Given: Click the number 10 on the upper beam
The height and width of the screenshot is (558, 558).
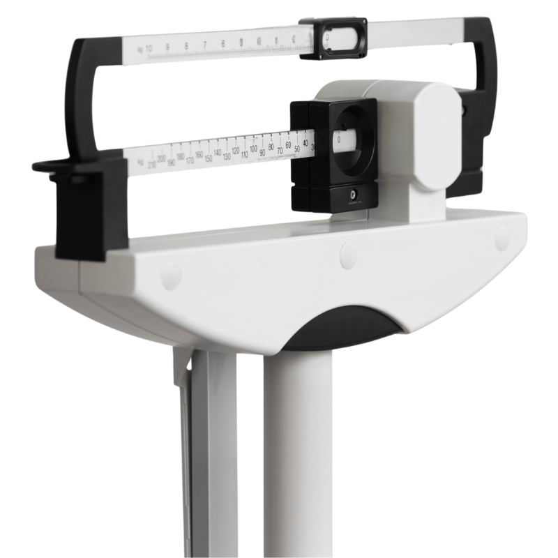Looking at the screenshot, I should click(149, 48).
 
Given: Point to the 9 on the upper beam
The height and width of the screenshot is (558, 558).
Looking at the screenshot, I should click(167, 47).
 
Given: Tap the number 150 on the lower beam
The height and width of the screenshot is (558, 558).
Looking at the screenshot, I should click(208, 158).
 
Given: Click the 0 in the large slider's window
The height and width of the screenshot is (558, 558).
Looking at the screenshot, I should click(339, 139).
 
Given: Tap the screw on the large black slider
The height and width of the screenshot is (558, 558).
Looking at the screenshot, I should click(352, 196).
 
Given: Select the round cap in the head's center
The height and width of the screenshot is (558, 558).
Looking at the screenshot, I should click(348, 255).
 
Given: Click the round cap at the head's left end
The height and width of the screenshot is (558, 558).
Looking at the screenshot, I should click(170, 276).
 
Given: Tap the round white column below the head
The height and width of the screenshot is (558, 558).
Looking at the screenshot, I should click(296, 453).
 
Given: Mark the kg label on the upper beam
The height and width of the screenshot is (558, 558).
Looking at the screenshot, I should click(140, 50).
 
